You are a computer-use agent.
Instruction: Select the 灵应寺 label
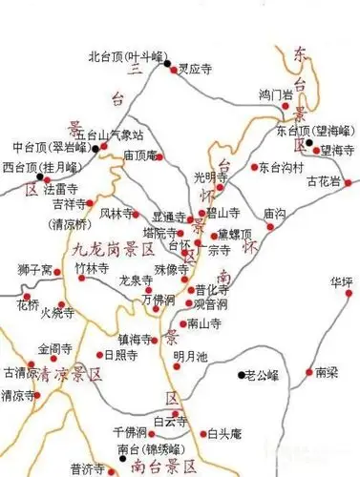point(196,70)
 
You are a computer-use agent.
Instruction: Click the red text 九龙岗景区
point(114,250)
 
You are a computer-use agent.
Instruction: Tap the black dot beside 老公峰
point(240,375)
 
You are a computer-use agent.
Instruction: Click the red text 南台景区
point(167,466)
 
